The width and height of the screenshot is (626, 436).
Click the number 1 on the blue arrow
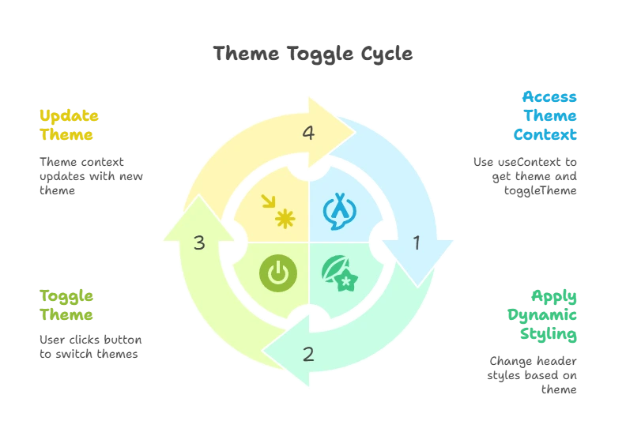pos(417,243)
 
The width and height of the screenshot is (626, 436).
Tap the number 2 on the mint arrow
pos(308,354)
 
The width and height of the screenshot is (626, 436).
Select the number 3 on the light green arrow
pos(199,243)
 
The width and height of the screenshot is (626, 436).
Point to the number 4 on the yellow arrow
pos(308,133)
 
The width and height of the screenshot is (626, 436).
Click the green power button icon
pos(277,273)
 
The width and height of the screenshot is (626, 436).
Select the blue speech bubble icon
pos(339,212)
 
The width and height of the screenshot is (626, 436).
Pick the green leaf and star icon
pos(340,273)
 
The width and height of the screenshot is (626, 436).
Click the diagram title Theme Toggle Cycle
pos(313,54)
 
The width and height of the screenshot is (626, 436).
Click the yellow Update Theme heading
pos(69,125)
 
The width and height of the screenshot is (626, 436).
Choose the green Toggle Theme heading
pos(67,305)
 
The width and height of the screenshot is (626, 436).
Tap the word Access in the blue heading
pos(550,97)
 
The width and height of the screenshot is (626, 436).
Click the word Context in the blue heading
pos(546,134)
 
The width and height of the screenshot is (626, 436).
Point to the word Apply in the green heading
pos(556,296)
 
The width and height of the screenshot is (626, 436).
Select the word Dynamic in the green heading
pos(543,315)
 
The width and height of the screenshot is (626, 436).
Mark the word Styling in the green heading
pos(549,334)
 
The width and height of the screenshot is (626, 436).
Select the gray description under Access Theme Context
pos(526,174)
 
